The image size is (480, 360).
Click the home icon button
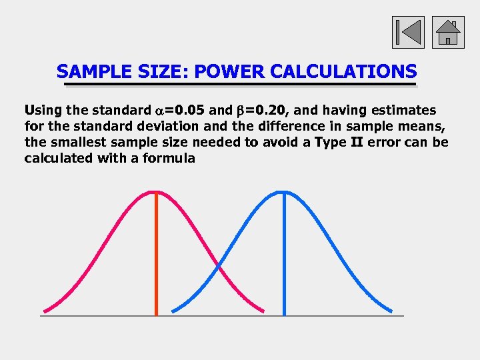(448, 32)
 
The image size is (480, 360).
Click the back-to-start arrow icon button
(408, 32)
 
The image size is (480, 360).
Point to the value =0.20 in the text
(267, 110)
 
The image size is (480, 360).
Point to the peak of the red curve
(156, 193)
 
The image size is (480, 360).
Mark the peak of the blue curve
(285, 193)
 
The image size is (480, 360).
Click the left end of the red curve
(45, 311)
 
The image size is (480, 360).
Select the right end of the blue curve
(391, 311)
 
